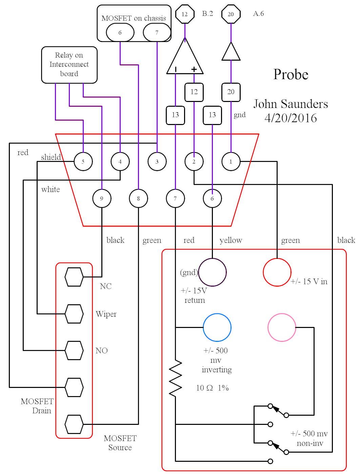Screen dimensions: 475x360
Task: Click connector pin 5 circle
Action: point(83,162)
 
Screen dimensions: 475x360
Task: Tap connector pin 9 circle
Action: point(102,199)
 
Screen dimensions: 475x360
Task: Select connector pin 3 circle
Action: point(157,162)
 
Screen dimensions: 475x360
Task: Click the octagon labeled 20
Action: point(231,14)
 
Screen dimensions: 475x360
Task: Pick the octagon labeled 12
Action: point(185,14)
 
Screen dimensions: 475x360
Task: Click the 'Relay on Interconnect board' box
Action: point(69,65)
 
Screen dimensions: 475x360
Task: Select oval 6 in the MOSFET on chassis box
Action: point(120,33)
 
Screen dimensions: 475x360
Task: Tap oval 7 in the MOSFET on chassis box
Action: point(157,33)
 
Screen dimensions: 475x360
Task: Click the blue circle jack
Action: point(217,328)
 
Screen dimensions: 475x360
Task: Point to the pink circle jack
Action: point(282,328)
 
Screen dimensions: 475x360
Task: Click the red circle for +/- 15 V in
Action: point(277,272)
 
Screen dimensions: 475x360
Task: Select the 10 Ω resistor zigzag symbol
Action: point(176,378)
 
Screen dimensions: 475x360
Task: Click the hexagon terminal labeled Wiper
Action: point(74,314)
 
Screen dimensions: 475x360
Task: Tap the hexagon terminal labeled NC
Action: point(74,277)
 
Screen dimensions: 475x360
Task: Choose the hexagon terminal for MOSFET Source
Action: point(74,424)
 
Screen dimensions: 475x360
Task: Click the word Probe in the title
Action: point(291,75)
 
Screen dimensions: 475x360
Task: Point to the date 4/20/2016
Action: point(291,118)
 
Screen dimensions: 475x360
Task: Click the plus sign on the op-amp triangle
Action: point(194,69)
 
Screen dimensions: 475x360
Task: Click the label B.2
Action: point(207,14)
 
